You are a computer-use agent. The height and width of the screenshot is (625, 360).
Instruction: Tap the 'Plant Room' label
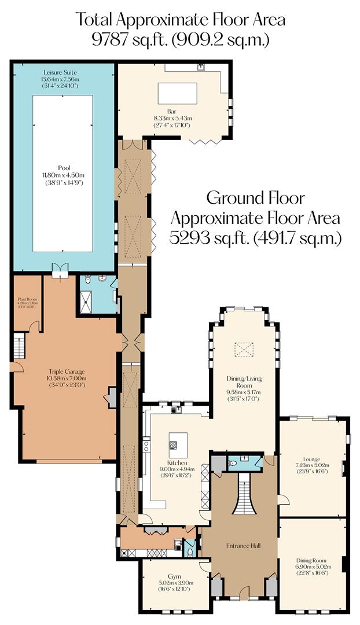27,299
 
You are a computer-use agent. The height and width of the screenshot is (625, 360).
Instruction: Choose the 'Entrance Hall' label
242,546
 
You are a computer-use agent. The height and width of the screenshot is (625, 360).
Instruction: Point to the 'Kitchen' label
177,464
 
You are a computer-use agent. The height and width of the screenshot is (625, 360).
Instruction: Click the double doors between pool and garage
60,270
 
